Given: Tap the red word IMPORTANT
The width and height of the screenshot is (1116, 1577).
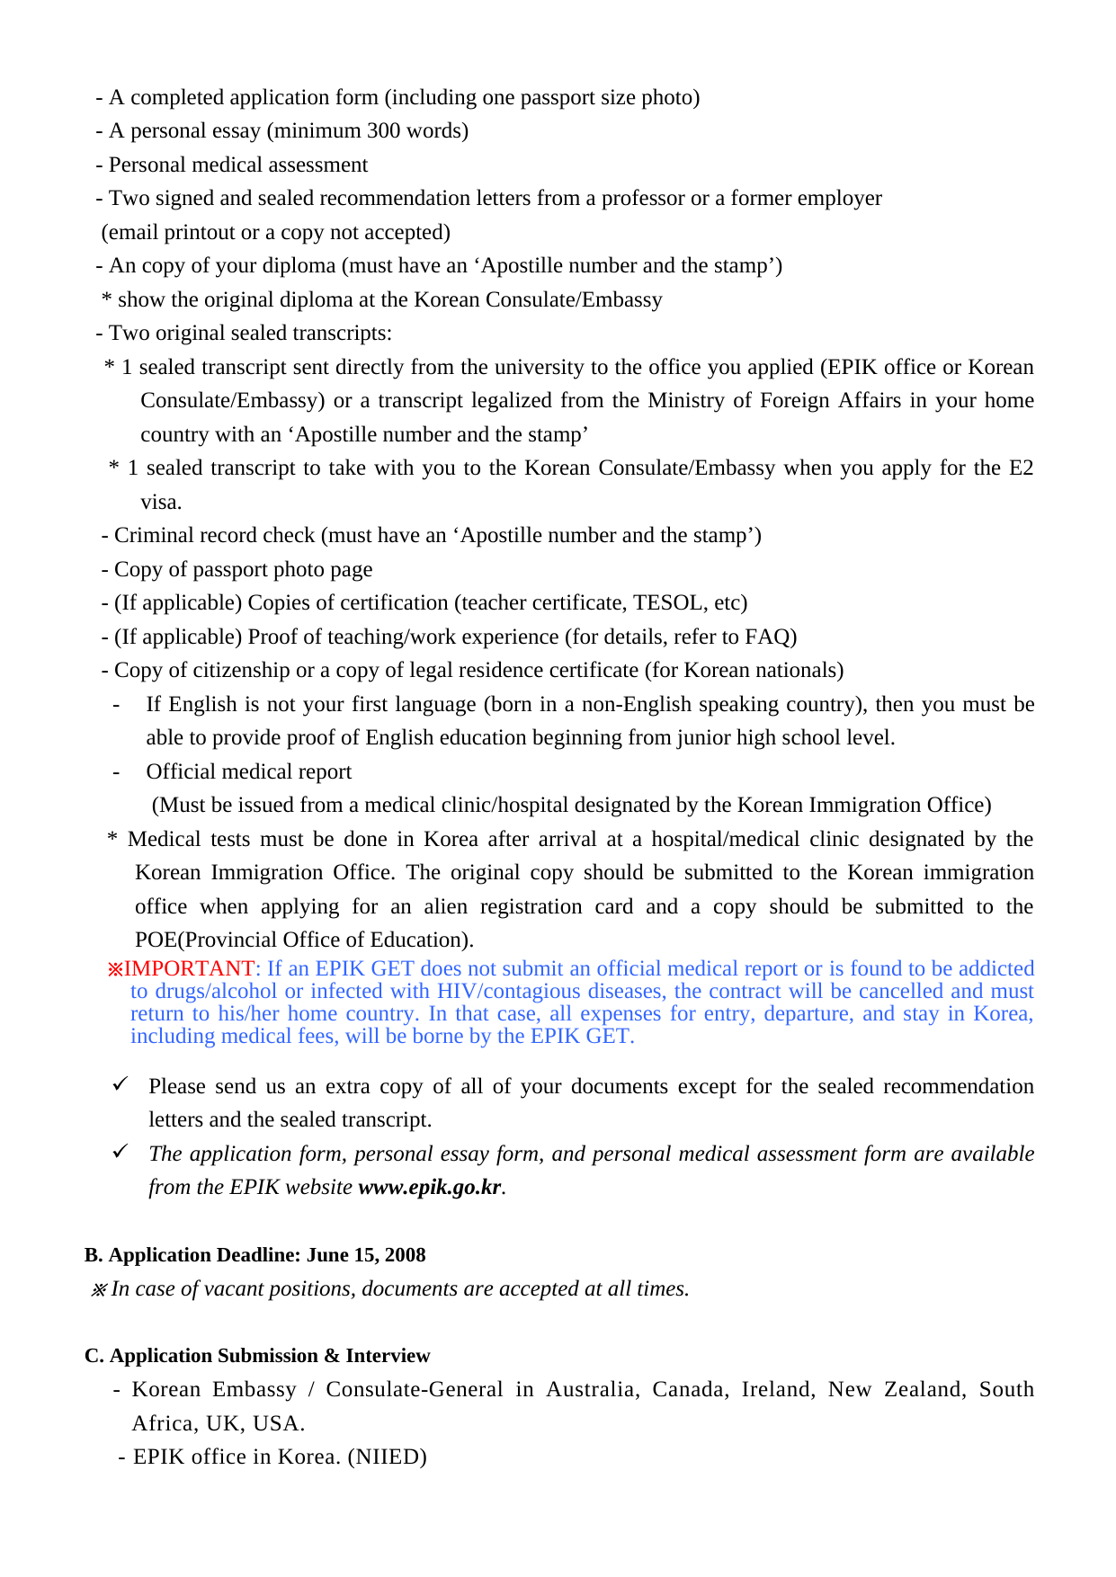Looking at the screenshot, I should [x=189, y=968].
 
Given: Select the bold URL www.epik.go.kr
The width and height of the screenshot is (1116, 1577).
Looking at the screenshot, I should [x=429, y=1187].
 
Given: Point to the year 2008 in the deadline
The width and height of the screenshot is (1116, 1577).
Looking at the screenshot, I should [x=405, y=1255].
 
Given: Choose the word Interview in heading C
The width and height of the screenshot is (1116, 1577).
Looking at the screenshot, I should [x=388, y=1356].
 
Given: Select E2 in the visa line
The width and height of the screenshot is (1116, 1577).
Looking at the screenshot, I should [x=1021, y=468].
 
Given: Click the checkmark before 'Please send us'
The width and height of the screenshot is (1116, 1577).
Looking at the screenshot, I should [x=121, y=1084].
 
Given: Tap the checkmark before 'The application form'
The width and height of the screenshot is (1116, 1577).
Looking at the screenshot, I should [x=121, y=1152].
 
